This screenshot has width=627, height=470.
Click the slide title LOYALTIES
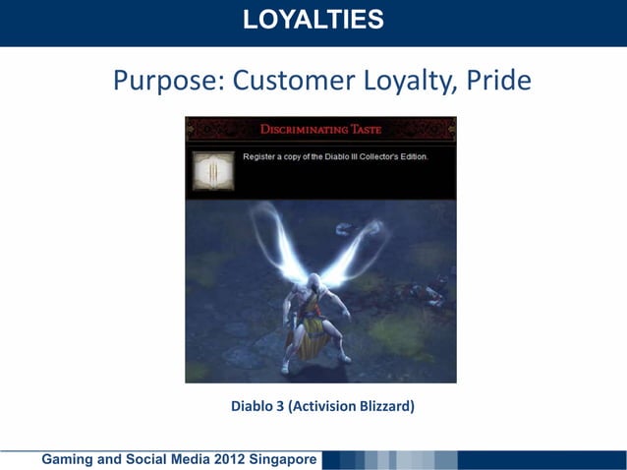313,19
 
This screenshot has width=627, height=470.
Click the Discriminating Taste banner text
321,129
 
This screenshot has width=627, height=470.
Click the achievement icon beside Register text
213,170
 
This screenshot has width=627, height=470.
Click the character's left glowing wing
274,241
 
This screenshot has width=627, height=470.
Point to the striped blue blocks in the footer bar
393,459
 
